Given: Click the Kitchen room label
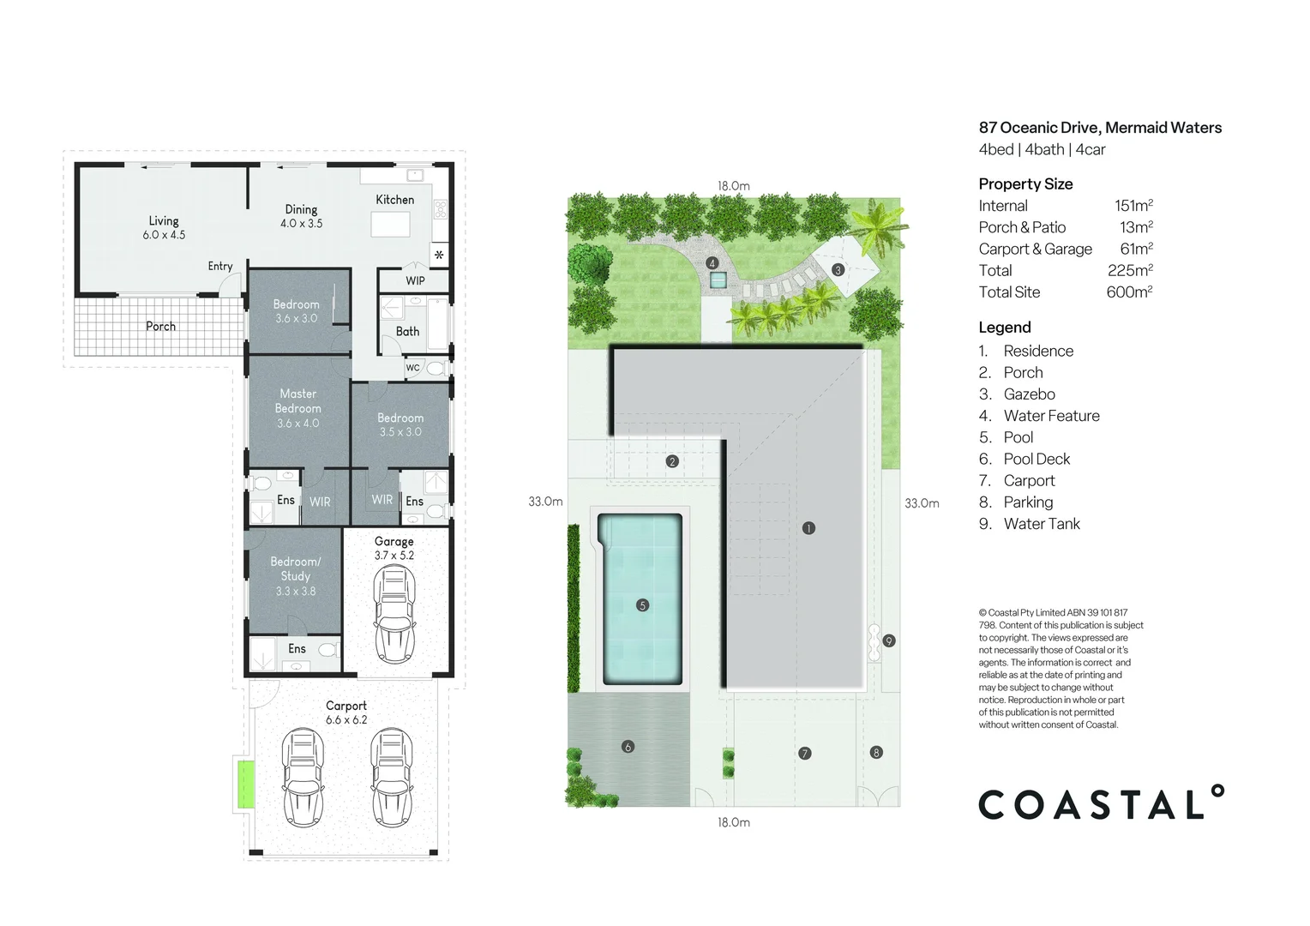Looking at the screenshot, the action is point(394,200).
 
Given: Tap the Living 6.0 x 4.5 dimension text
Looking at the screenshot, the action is point(164,235).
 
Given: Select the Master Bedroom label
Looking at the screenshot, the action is point(297,400).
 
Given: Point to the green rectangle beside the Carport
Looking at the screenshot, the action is point(245,785).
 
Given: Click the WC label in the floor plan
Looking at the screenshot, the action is point(412,368).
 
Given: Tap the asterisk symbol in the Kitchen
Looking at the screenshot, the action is point(439,255).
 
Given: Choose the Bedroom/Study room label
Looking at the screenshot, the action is point(295,568).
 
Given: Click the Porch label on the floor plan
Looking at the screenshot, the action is point(161,327).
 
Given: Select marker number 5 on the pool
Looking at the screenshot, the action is point(642,605).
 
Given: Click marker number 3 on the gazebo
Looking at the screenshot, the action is point(838,270).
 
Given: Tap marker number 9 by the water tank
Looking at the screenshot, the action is point(889,641).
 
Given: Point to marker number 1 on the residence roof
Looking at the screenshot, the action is point(808,528).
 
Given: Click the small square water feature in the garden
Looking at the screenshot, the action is point(718,280).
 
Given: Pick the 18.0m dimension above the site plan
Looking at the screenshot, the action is point(733,186).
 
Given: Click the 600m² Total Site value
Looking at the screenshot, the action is point(1129,292).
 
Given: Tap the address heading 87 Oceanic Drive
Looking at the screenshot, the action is point(1100,128).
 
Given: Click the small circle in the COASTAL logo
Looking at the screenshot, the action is point(1217,791).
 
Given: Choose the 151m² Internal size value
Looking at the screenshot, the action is point(1133,205).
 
